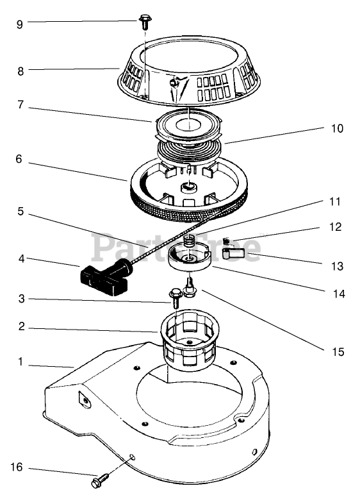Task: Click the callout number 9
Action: coord(20,24)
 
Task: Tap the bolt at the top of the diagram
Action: coord(145,21)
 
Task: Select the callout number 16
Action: coord(17,467)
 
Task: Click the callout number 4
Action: coord(21,259)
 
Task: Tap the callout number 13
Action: coord(337,266)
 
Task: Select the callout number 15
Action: coord(338,351)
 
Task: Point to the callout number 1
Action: coord(21,362)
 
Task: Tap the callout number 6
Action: coord(19,159)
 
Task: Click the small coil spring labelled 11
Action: coord(190,241)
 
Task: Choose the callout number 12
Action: coord(335,227)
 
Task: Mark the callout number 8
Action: coord(20,72)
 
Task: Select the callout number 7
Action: coord(20,105)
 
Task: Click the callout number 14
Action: coord(339,294)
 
